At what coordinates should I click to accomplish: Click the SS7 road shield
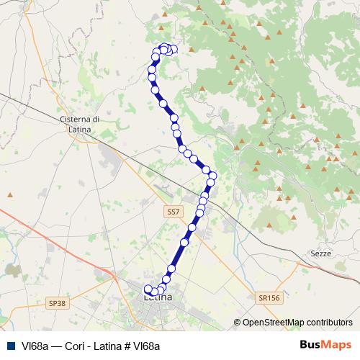tap(173, 212)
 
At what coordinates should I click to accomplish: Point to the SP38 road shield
tap(58, 303)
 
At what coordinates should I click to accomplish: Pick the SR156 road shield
tap(269, 297)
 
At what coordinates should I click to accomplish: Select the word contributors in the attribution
tap(330, 323)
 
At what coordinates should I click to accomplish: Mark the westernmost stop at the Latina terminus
tap(148, 290)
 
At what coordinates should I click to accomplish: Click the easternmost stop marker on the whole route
tap(213, 175)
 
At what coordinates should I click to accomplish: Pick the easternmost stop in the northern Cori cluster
tap(174, 50)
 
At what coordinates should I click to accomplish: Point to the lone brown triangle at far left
tap(10, 194)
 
